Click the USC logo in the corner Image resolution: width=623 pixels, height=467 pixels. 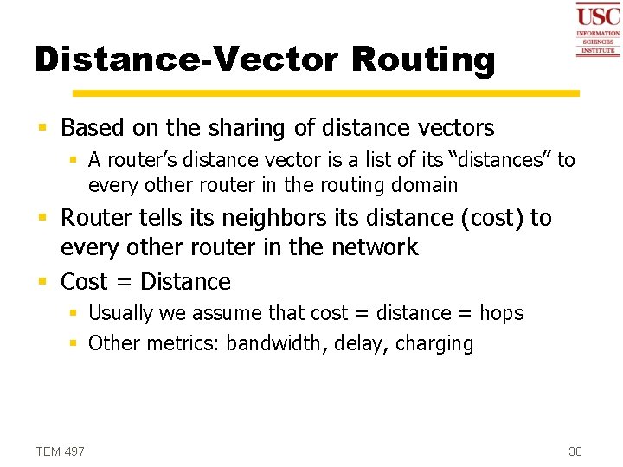point(598,29)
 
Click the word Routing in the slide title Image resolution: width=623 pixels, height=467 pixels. point(424,60)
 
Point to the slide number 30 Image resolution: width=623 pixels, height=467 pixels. point(575,451)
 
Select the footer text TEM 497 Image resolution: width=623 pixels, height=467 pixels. point(61,451)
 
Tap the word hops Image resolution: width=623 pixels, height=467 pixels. point(502,313)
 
